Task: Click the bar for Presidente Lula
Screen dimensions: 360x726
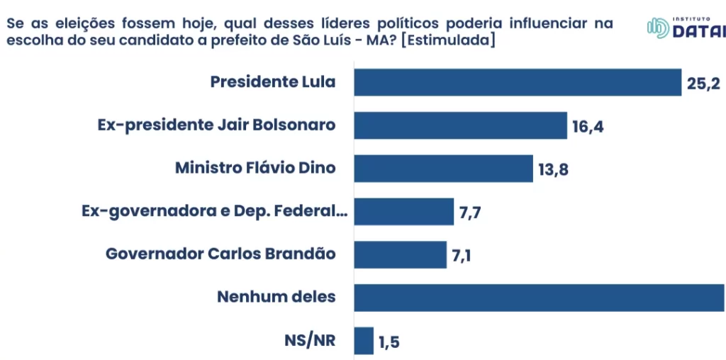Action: pyautogui.click(x=518, y=82)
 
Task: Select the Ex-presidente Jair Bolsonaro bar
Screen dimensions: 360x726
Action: pyautogui.click(x=461, y=125)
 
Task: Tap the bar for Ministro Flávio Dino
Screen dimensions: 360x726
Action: pyautogui.click(x=443, y=169)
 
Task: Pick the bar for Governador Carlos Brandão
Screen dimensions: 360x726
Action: pyautogui.click(x=401, y=254)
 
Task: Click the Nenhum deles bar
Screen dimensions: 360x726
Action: pyautogui.click(x=539, y=297)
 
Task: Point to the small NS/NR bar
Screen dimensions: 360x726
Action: pyautogui.click(x=364, y=341)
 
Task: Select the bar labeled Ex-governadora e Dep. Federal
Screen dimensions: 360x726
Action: pyautogui.click(x=403, y=211)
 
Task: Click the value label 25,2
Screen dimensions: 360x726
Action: pyautogui.click(x=703, y=84)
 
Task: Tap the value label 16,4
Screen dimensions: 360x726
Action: pyautogui.click(x=588, y=128)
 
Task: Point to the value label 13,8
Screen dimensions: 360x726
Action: pyautogui.click(x=554, y=171)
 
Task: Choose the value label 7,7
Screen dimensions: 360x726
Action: pyautogui.click(x=471, y=213)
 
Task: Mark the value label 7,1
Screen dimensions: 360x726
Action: pyautogui.click(x=462, y=256)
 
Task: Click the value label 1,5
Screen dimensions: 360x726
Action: pyautogui.click(x=389, y=343)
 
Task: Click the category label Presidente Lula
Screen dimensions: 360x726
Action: pyautogui.click(x=273, y=82)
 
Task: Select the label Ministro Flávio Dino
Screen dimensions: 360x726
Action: pyautogui.click(x=255, y=169)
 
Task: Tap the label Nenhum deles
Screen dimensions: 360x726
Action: pyautogui.click(x=276, y=297)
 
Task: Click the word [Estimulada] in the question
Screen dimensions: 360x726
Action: pyautogui.click(x=447, y=40)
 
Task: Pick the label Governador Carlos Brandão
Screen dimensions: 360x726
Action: pyautogui.click(x=220, y=254)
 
